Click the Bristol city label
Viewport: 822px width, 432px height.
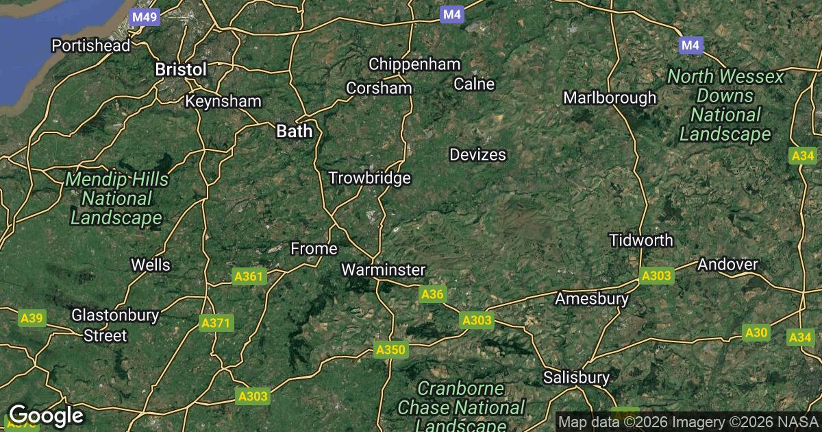(181, 69)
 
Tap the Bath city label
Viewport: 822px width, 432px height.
(294, 131)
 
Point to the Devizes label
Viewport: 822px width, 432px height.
(477, 155)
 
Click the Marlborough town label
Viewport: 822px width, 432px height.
(610, 98)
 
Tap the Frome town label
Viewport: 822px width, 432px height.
(314, 248)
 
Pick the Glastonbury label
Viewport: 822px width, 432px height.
(116, 315)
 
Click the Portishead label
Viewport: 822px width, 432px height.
(91, 46)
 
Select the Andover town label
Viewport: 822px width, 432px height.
(727, 264)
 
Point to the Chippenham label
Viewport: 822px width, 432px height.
(414, 64)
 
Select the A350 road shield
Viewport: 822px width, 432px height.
(391, 350)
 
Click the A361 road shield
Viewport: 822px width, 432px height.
(248, 277)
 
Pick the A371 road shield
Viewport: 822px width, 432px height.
(217, 323)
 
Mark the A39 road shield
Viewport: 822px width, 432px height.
(32, 318)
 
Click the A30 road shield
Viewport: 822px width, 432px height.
(756, 333)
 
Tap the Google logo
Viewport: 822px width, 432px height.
(46, 416)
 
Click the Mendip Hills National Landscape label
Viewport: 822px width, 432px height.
(116, 199)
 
